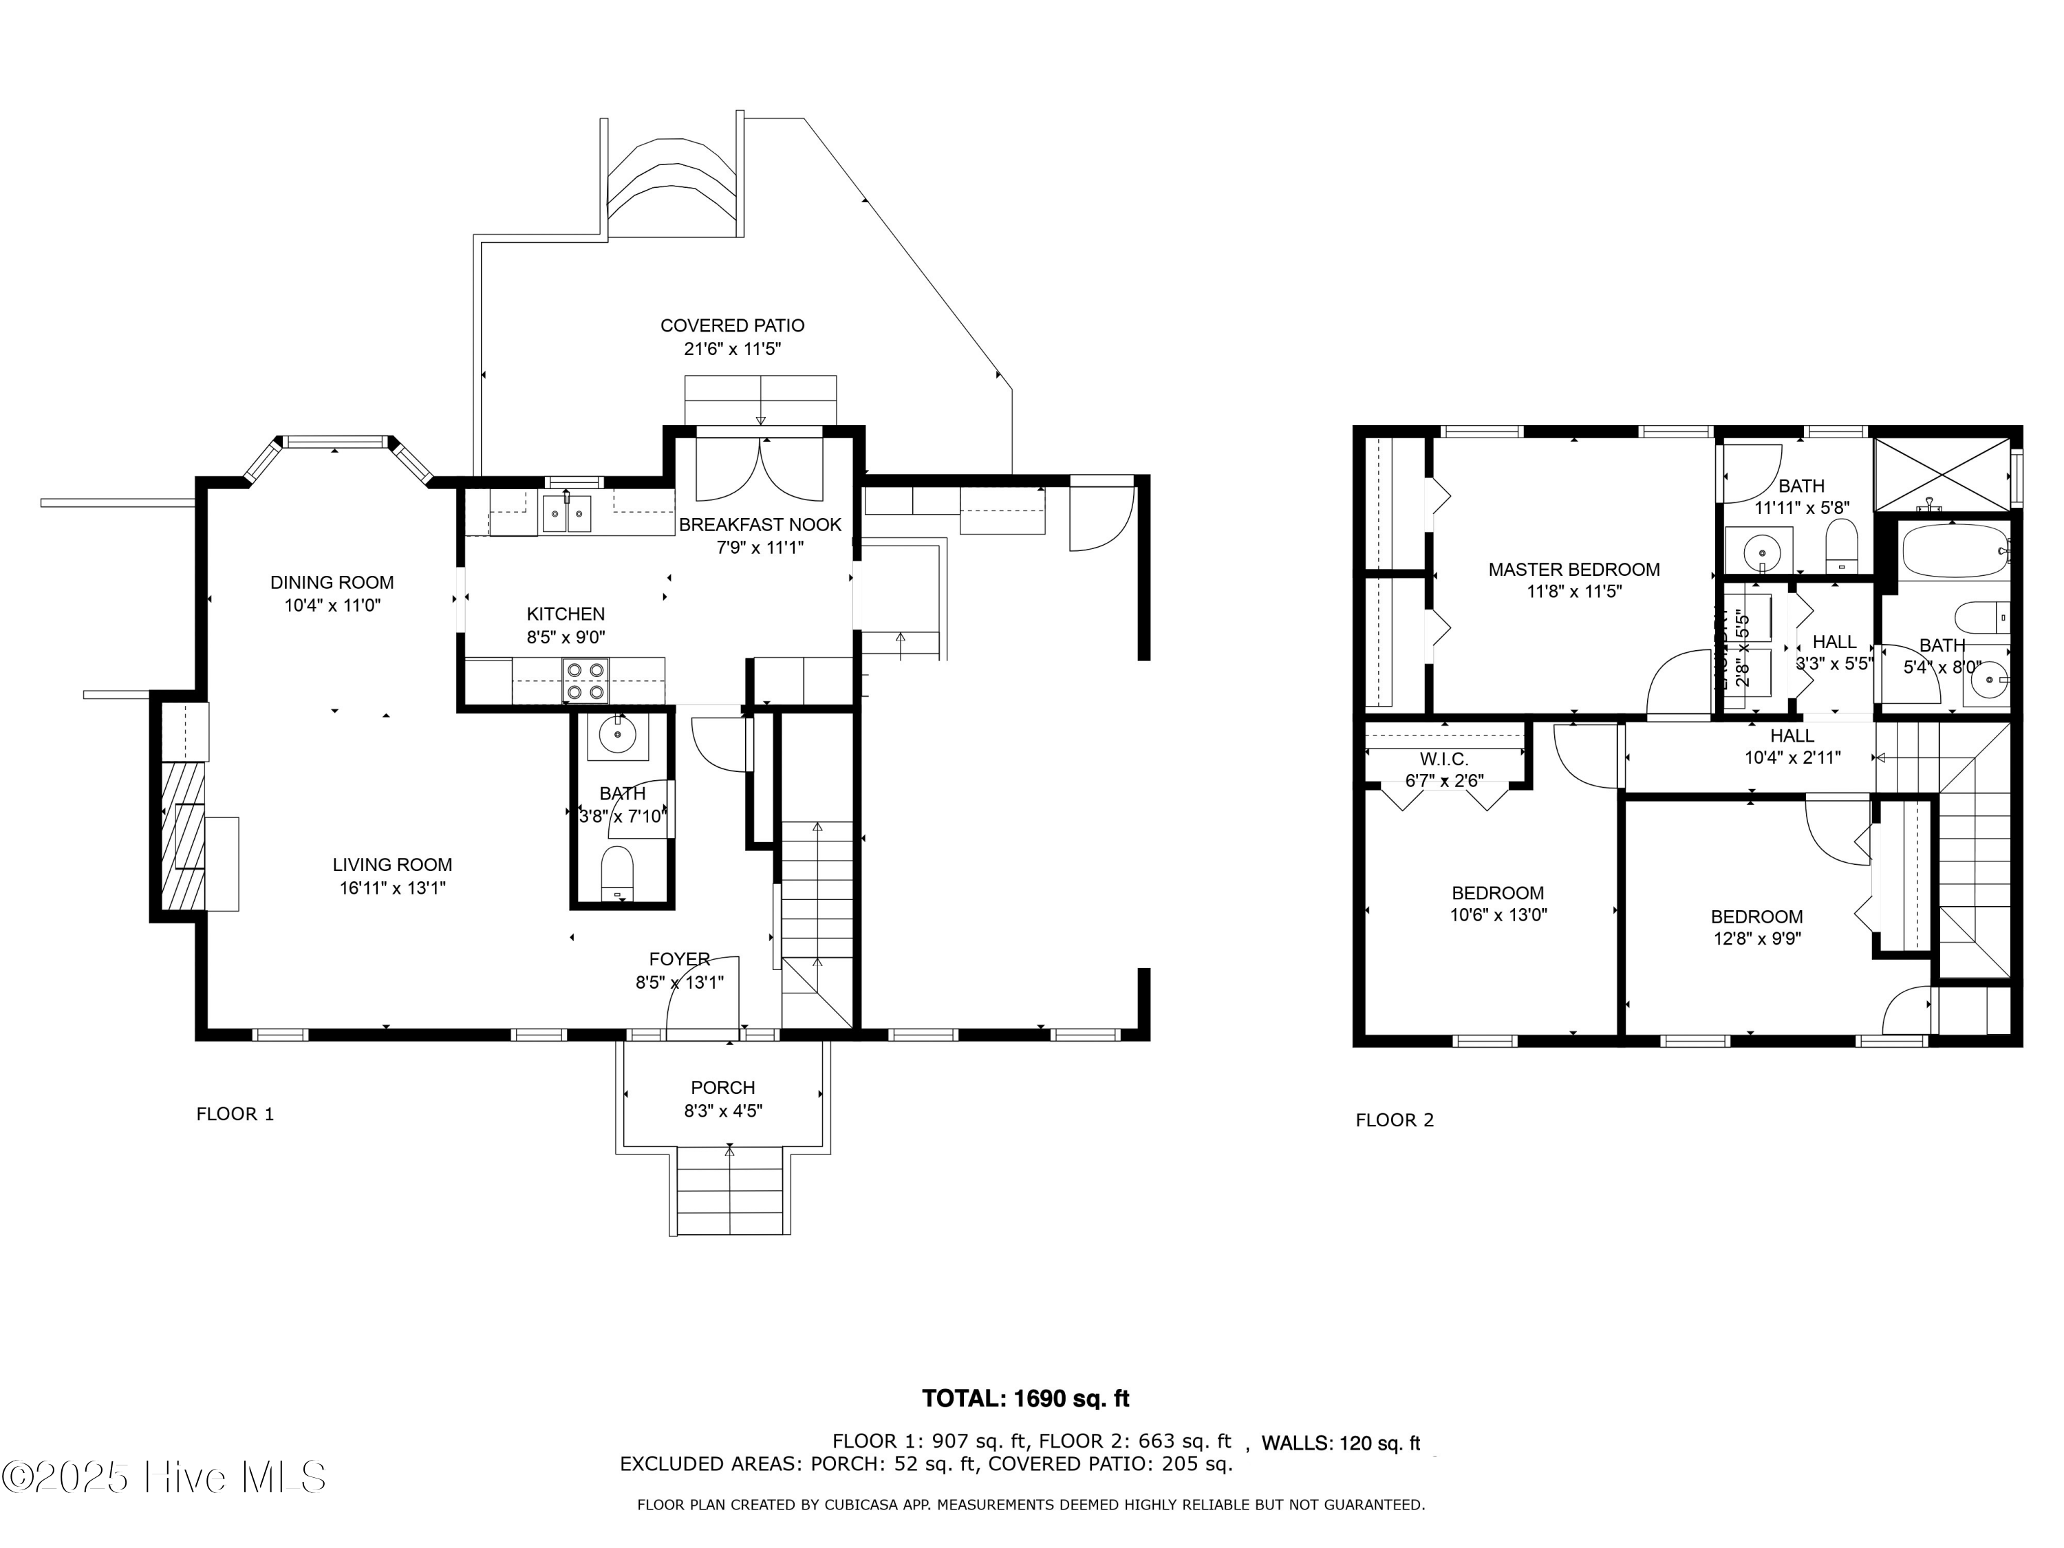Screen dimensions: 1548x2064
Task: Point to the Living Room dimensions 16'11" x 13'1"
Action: pos(392,888)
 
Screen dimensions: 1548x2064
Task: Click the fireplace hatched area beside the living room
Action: pos(183,835)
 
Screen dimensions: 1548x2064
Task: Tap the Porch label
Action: pos(722,1087)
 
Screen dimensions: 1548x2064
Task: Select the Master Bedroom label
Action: pos(1573,569)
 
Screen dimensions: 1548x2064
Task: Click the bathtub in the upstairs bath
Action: pos(1954,550)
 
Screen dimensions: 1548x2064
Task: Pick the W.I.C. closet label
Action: pos(1443,760)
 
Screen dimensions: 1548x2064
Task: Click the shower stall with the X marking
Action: pos(1942,474)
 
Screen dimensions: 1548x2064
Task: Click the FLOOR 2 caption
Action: pos(1394,1119)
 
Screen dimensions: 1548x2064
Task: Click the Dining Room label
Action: pos(332,582)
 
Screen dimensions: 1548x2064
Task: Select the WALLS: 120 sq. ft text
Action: pos(1340,1443)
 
